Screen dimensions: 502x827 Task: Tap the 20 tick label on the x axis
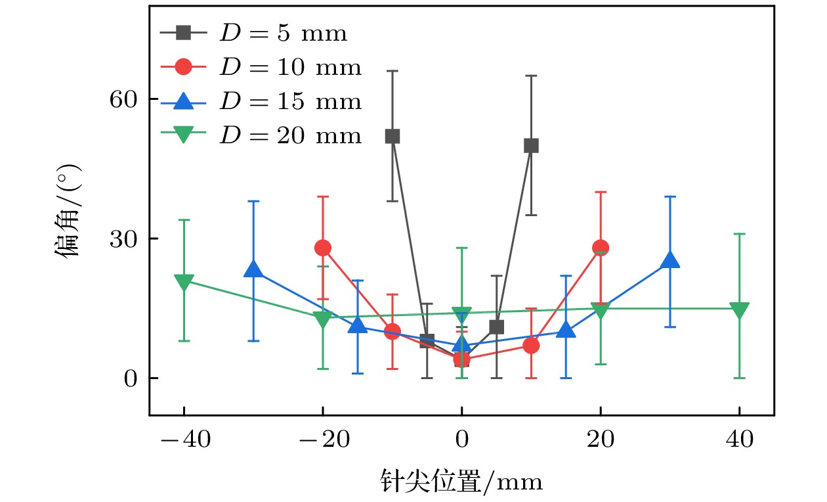(601, 440)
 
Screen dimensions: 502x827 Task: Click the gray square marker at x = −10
(392, 136)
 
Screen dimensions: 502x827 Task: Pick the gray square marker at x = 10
(531, 145)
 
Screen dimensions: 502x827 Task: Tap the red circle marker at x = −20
(323, 248)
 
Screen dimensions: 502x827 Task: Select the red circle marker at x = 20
(601, 248)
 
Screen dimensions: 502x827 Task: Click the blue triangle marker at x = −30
(253, 270)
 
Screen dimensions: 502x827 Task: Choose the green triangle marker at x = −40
(184, 281)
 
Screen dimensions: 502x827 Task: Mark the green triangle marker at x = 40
(740, 309)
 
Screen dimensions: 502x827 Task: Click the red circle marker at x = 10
(531, 346)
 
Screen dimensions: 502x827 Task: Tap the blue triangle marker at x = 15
(566, 331)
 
